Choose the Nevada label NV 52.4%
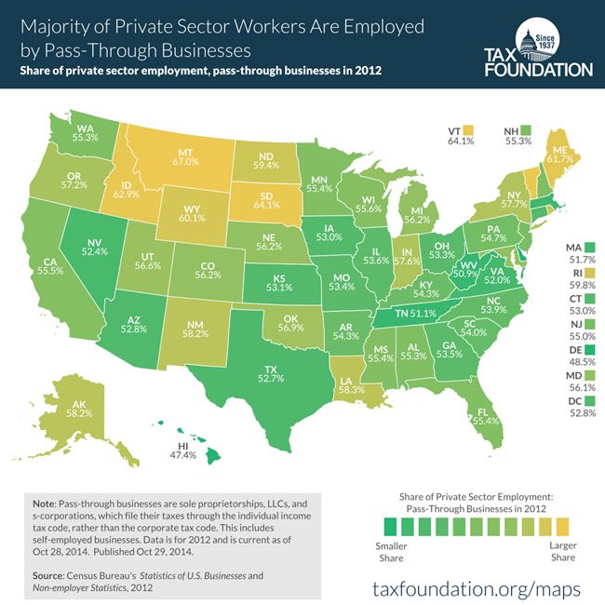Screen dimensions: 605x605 pyautogui.click(x=96, y=243)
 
